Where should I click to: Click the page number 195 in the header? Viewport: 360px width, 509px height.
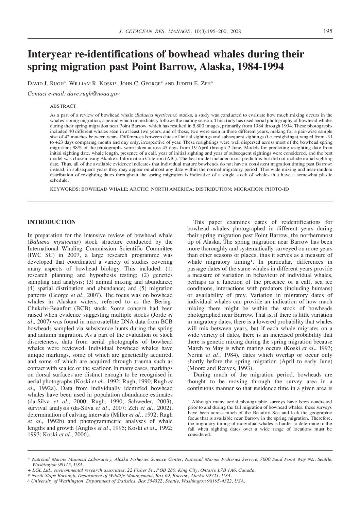click(328, 31)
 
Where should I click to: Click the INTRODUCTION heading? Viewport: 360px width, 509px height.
click(51, 222)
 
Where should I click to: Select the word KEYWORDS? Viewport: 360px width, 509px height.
click(64, 189)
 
